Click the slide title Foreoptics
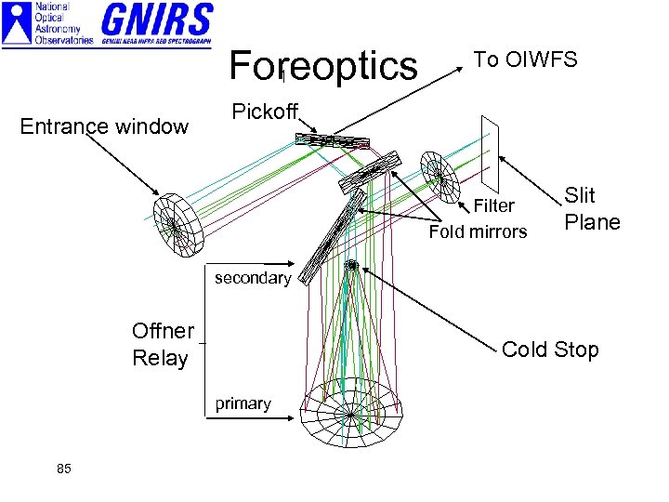click(323, 66)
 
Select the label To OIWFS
click(525, 60)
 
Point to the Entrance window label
click(104, 126)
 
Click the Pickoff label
click(264, 112)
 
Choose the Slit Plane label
click(592, 209)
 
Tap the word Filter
click(493, 205)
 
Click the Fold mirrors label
click(478, 231)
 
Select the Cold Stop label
click(550, 350)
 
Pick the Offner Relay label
click(163, 344)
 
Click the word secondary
click(253, 278)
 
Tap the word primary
click(243, 403)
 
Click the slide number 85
click(63, 468)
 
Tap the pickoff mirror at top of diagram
click(332, 141)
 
